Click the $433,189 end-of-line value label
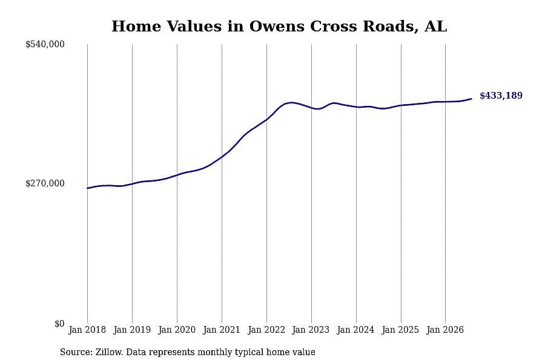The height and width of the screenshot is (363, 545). pos(501,96)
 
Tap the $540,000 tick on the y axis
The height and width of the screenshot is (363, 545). pos(45,44)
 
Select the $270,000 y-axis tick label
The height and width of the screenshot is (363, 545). pos(45,183)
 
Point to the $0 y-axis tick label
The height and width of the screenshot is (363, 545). pos(59,324)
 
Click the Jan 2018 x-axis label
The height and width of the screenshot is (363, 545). pos(87,330)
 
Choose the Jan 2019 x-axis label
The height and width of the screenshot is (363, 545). pos(132,330)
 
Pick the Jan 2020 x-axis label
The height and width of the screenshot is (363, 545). pos(177,330)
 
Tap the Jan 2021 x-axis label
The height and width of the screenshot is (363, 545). pos(222,330)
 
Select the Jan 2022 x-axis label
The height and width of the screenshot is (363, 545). pos(266,330)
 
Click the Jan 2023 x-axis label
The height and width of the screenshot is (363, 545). pos(311,330)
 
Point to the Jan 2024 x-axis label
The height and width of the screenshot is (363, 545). pos(355,330)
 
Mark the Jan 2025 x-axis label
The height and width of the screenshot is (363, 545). pos(400,330)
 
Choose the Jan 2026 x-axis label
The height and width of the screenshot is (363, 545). pos(445,330)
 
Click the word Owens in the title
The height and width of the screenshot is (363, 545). pos(277,27)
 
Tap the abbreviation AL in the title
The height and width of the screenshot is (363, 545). pos(436,27)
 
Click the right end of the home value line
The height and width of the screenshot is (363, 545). pos(471,99)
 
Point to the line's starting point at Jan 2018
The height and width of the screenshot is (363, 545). pos(87,188)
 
